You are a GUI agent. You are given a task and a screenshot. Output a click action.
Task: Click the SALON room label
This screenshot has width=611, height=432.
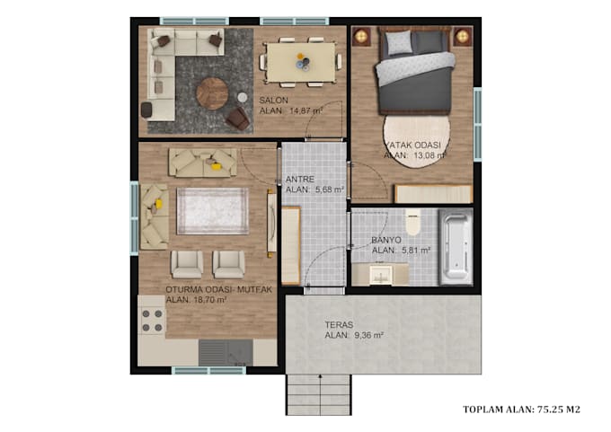click(x=273, y=100)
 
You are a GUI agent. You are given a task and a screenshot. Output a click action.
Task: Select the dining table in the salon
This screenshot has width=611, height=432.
click(x=301, y=60)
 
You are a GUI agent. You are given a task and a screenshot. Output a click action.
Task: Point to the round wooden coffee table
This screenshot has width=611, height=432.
click(x=212, y=93)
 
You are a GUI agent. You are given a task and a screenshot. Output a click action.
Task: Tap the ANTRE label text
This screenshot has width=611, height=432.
click(x=299, y=179)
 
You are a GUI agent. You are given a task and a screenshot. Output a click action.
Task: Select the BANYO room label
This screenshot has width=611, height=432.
click(x=385, y=241)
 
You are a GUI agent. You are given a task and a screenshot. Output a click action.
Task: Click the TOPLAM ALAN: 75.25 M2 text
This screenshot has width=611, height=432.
click(x=521, y=410)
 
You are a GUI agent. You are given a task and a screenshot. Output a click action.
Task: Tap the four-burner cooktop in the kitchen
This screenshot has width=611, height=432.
click(x=152, y=321)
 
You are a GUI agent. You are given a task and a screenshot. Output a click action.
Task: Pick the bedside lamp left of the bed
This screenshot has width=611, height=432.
click(x=362, y=36)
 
